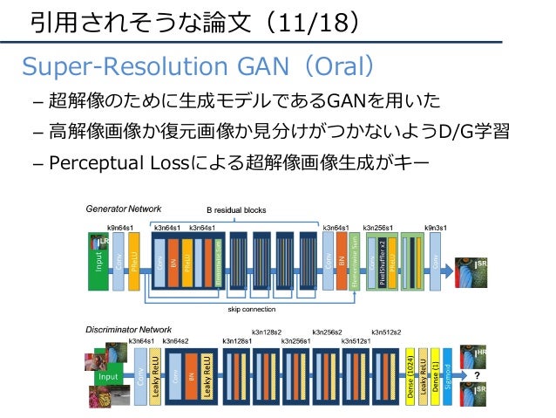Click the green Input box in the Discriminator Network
[x=108, y=377]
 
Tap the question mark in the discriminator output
[x=476, y=374]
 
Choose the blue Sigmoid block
[x=447, y=376]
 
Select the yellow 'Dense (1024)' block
[x=410, y=376]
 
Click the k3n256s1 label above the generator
[x=380, y=227]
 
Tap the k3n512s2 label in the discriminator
[x=386, y=332]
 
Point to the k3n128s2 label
[x=267, y=332]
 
